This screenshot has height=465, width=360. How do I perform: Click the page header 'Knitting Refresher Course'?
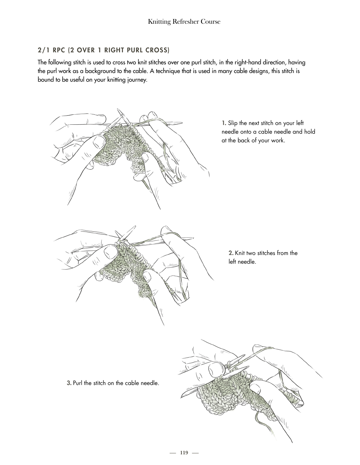click(184, 22)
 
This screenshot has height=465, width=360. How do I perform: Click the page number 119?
click(184, 452)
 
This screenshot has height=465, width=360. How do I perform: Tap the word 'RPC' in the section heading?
click(60, 50)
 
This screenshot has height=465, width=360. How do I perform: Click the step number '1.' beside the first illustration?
click(224, 123)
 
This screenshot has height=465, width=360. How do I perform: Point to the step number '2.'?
click(231, 253)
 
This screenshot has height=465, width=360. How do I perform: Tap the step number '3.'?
click(69, 383)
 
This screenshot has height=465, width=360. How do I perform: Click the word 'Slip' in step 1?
click(233, 123)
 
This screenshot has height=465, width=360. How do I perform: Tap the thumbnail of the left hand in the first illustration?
click(99, 142)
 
